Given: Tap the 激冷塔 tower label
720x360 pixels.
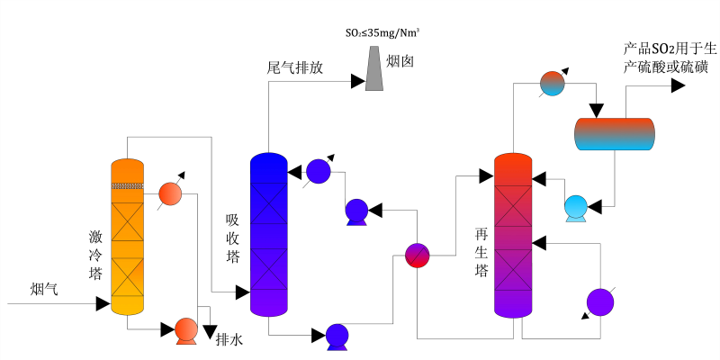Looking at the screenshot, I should [x=95, y=256].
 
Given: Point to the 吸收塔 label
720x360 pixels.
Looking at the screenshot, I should [x=232, y=238].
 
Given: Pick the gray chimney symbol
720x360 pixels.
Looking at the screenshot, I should [x=373, y=67].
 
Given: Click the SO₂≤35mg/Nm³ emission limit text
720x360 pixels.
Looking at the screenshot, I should [x=383, y=33].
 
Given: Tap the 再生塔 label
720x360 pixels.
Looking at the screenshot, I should [x=481, y=252].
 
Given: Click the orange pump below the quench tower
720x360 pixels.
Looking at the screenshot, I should [x=186, y=330].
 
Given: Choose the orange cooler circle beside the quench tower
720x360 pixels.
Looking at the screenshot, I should [x=170, y=193].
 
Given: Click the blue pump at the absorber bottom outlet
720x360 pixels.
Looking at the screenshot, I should [x=337, y=336].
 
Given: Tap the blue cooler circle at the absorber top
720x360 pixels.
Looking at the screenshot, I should [x=319, y=170].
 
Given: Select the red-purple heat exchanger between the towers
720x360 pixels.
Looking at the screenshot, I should [x=417, y=255].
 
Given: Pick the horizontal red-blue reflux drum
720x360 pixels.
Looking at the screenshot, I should [x=615, y=134].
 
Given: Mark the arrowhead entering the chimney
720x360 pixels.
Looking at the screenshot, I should [x=357, y=82].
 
